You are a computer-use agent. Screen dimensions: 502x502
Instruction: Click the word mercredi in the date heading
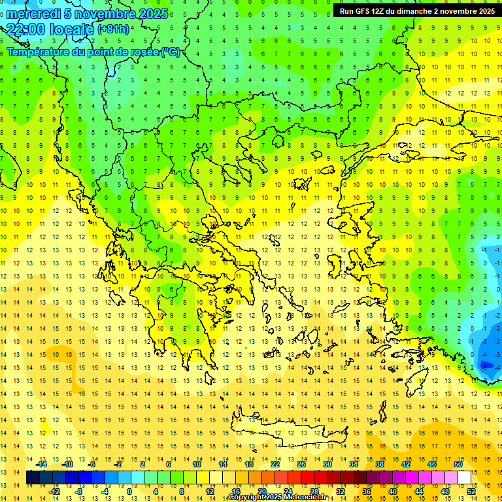pos(33,14)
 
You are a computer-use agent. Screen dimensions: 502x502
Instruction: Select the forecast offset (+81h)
pos(113,29)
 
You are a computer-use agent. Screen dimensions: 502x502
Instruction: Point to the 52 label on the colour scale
pos(471,492)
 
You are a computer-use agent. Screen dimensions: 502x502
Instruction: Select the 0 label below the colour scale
pos(129,492)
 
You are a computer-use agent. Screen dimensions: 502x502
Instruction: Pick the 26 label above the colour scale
pos(301,464)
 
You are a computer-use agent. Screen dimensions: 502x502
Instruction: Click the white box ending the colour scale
pos(464,478)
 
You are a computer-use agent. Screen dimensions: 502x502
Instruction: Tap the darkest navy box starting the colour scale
pos(33,478)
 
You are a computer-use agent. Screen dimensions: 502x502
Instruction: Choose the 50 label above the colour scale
pos(458,464)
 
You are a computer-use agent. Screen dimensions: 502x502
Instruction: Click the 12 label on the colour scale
pos(210,492)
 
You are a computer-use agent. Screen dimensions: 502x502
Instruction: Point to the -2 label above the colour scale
pos(118,464)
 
